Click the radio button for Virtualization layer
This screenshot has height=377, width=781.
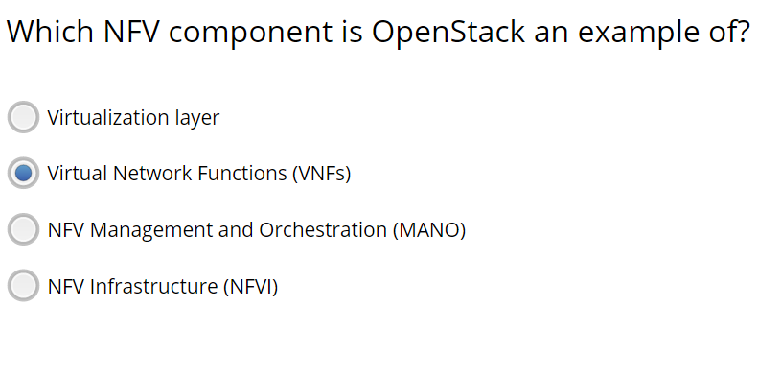tap(23, 117)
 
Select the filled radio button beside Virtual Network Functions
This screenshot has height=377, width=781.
tap(23, 174)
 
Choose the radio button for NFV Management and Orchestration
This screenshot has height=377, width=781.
tap(23, 230)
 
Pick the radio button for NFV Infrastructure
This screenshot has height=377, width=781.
tap(23, 286)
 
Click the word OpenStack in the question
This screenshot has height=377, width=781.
tap(448, 32)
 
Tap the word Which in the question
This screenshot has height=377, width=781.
tap(46, 32)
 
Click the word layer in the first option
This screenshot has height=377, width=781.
tap(196, 118)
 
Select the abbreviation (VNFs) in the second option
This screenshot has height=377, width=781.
tap(321, 174)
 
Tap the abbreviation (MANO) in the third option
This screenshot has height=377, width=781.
tap(428, 230)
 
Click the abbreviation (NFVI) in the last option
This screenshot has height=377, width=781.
tap(250, 286)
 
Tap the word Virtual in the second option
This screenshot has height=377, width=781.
tap(78, 174)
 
